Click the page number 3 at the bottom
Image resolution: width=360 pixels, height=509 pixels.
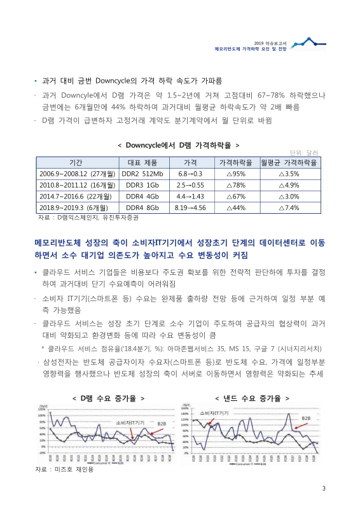324,489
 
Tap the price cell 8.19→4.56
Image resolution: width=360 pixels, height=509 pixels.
190,207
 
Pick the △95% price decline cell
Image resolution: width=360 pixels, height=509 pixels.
236,174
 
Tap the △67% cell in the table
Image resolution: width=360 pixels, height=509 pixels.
236,196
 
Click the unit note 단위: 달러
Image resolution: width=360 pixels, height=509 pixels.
303,153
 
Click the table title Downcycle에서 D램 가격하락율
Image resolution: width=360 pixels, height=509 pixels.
179,145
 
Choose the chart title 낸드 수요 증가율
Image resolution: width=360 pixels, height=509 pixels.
253,397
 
